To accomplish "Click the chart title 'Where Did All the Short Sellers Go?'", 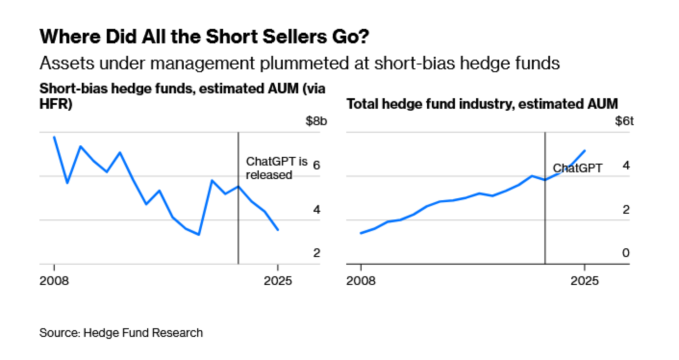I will pyautogui.click(x=204, y=37).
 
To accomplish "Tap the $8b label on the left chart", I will pyautogui.click(x=316, y=121).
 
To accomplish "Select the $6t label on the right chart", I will pyautogui.click(x=624, y=121).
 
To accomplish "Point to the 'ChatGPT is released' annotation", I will pyautogui.click(x=276, y=168).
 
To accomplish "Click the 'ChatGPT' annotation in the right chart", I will pyautogui.click(x=577, y=168).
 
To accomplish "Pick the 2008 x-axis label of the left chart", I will pyautogui.click(x=54, y=281).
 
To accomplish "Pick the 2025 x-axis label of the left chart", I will pyautogui.click(x=278, y=281).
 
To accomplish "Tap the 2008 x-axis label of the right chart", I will pyautogui.click(x=361, y=281).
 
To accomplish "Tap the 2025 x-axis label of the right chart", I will pyautogui.click(x=584, y=281).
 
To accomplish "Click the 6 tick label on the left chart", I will pyautogui.click(x=316, y=165).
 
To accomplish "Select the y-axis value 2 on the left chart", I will pyautogui.click(x=316, y=253).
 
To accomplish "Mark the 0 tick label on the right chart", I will pyautogui.click(x=626, y=253).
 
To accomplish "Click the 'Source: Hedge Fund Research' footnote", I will pyautogui.click(x=121, y=333).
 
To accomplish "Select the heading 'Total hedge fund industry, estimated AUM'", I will pyautogui.click(x=482, y=104).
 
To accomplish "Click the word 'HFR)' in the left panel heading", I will pyautogui.click(x=56, y=104).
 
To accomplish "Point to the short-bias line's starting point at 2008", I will pyautogui.click(x=54, y=137).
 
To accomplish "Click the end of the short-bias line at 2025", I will pyautogui.click(x=278, y=230).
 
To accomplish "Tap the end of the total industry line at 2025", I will pyautogui.click(x=585, y=150).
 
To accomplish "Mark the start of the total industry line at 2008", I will pyautogui.click(x=361, y=233).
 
